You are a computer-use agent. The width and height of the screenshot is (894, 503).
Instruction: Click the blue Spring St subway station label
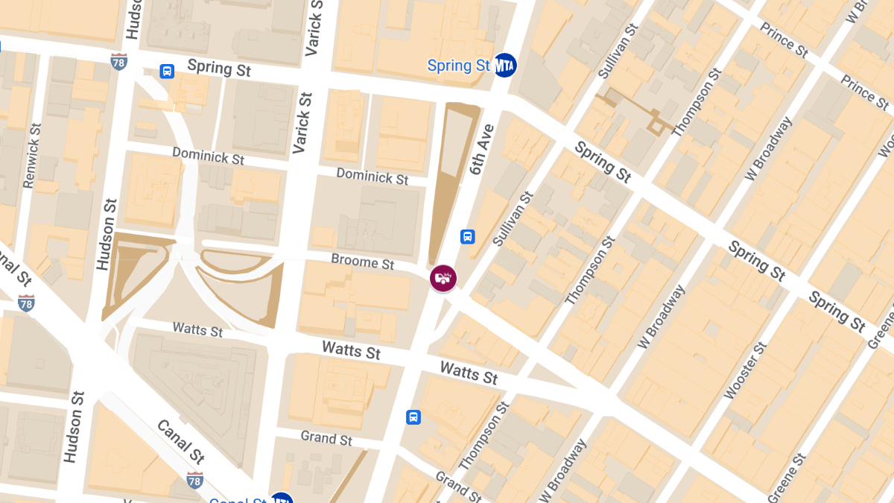point(459,66)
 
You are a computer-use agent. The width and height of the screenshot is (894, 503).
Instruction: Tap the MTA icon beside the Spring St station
point(506,66)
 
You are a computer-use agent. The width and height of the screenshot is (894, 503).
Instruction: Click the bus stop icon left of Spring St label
point(167,72)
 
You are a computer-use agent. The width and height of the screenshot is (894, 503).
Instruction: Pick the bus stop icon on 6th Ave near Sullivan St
point(467,237)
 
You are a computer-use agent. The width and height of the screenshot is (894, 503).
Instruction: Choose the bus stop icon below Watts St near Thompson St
point(413,417)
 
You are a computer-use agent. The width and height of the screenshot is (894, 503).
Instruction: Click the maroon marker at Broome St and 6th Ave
point(443,279)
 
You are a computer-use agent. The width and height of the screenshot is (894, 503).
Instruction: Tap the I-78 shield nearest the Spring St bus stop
point(118,61)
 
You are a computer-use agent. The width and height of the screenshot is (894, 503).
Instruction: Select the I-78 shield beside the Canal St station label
point(195,481)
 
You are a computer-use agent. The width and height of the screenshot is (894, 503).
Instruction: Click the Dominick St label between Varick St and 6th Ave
point(372,176)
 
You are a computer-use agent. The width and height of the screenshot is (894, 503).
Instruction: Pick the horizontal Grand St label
point(326,437)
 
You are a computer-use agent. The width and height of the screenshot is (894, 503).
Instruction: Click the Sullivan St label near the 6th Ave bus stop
point(513,218)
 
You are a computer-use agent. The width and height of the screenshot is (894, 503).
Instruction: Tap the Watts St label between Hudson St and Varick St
point(197,329)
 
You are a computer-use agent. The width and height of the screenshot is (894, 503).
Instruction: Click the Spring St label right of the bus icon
point(219,68)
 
